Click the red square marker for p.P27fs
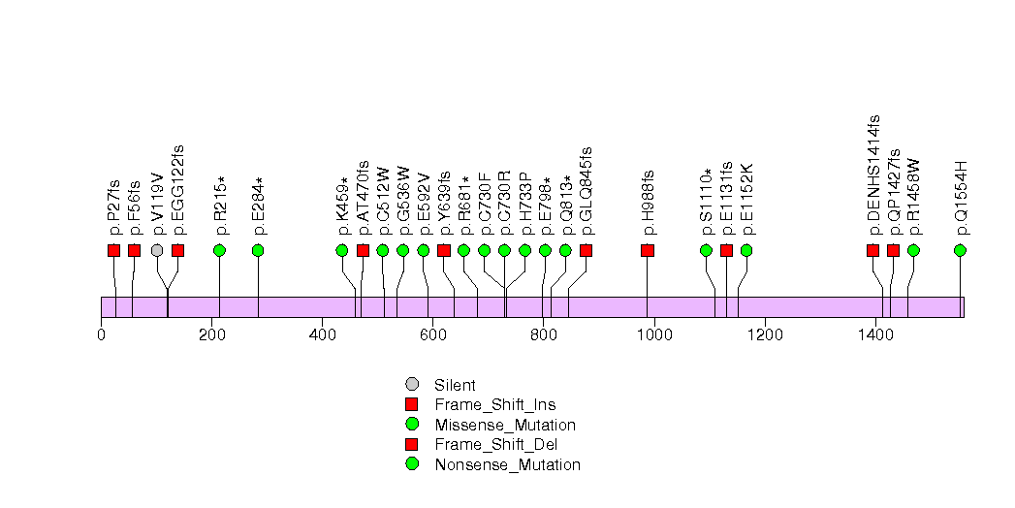click(114, 250)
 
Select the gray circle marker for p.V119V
click(157, 250)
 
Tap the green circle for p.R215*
click(219, 250)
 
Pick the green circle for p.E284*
click(258, 250)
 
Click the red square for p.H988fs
click(648, 250)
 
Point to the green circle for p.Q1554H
click(960, 250)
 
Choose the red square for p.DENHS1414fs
click(872, 250)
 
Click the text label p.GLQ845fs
click(586, 191)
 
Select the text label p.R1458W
click(913, 198)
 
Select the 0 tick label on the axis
click(102, 335)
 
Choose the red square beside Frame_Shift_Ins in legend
click(412, 404)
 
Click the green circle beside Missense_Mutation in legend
click(412, 425)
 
